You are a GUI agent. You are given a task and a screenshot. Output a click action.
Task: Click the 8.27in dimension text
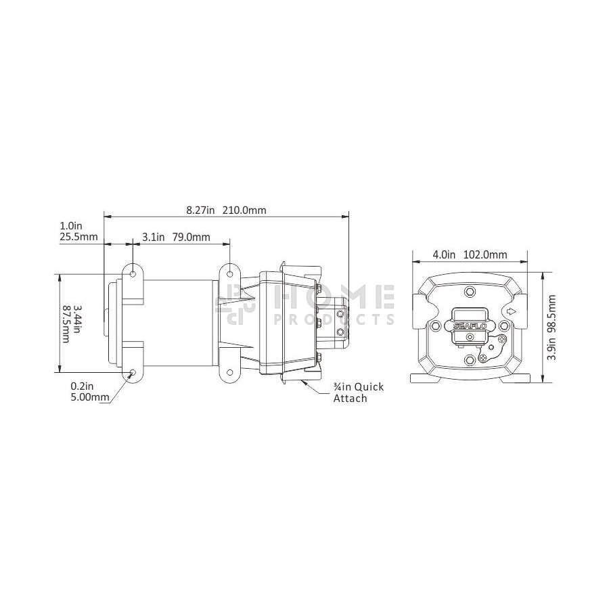[x=200, y=210]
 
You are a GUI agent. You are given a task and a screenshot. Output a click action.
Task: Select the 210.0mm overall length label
[x=245, y=210]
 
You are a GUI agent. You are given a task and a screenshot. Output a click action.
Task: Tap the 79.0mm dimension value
[x=191, y=237]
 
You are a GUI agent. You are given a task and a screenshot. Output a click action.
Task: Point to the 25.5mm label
[x=79, y=236]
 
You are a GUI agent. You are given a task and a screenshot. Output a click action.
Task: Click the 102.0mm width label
[x=485, y=255]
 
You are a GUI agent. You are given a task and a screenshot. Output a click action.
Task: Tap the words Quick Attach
[x=358, y=392]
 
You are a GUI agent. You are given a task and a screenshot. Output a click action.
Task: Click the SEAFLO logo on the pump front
[x=470, y=326]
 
